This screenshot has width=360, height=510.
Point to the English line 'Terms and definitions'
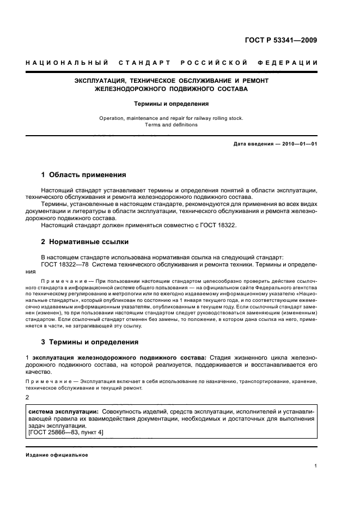171,125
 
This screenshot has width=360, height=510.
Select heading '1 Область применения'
84,175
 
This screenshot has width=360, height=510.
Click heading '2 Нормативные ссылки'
85,241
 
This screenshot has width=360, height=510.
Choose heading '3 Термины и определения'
90,342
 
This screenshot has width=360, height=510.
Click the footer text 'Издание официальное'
57,454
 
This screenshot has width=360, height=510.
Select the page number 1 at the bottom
316,466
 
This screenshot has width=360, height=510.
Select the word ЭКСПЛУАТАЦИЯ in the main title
100,80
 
